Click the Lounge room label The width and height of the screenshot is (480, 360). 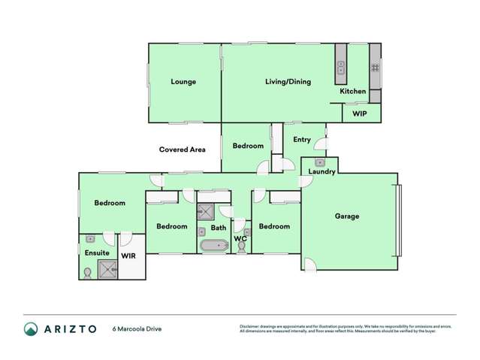click(x=183, y=82)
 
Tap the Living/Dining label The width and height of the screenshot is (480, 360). click(x=288, y=82)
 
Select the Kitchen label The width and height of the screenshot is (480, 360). click(x=353, y=92)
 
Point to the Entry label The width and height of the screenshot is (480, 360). click(x=302, y=140)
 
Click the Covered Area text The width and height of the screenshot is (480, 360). click(x=183, y=150)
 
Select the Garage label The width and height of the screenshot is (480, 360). click(x=347, y=216)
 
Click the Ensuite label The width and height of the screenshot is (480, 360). click(x=97, y=253)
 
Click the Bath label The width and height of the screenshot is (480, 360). click(x=219, y=228)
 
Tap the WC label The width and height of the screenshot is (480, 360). click(x=240, y=239)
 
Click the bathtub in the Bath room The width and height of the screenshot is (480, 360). click(x=215, y=245)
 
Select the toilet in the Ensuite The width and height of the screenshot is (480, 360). click(x=88, y=273)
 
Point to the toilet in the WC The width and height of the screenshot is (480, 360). click(x=241, y=247)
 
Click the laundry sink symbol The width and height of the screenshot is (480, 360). click(x=321, y=162)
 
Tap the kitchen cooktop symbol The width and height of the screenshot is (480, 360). click(x=375, y=72)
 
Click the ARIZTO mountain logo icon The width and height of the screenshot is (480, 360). click(x=31, y=328)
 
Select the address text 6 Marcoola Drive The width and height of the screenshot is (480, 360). click(x=137, y=328)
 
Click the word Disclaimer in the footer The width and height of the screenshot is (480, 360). click(x=250, y=326)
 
